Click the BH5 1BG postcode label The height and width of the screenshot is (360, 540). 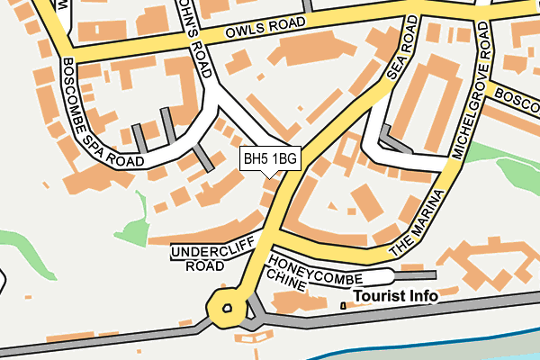(270, 159)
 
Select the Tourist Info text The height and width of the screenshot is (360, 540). (395, 295)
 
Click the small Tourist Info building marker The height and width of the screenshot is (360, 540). (343, 307)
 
